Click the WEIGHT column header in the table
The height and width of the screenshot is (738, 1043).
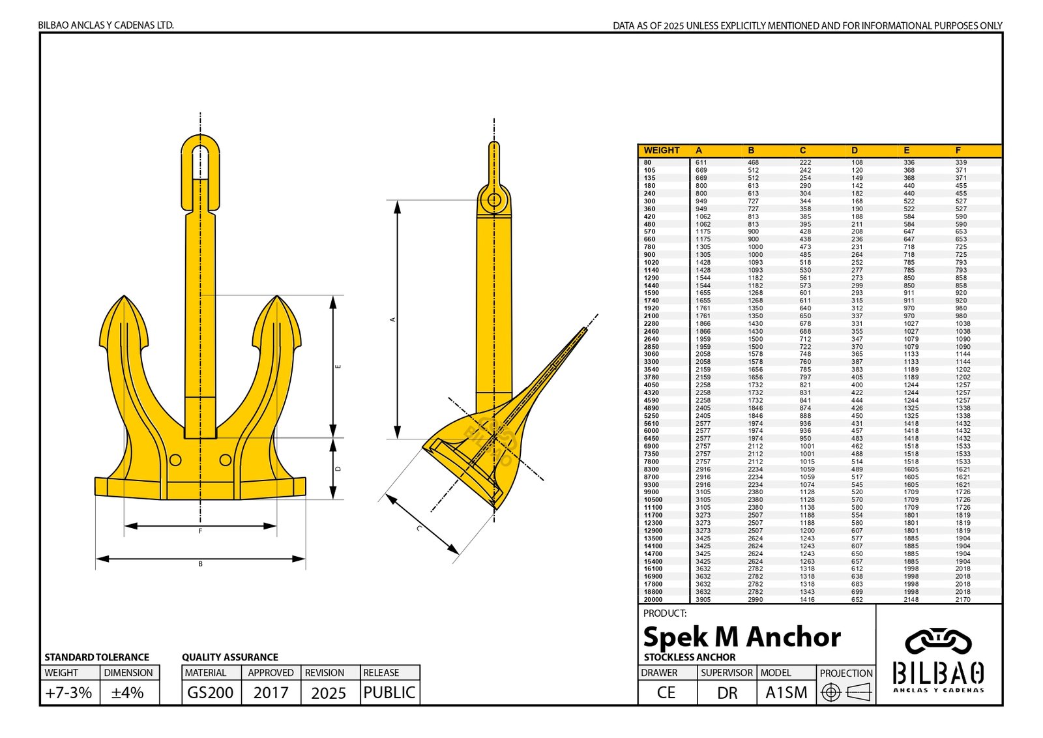661,151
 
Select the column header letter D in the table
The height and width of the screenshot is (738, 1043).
855,151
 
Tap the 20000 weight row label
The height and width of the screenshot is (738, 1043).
653,600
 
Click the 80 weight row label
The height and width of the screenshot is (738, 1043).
647,162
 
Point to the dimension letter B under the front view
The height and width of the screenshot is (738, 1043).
200,564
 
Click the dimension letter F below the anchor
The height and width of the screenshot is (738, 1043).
200,531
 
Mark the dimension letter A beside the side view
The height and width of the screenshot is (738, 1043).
392,319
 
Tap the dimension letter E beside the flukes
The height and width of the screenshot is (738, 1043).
338,367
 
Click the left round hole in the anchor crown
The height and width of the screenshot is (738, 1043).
175,460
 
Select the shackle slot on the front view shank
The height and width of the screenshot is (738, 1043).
200,162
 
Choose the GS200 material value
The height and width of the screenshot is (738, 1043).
210,692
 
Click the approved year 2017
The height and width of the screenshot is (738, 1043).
271,692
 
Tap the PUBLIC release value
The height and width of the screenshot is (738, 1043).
389,692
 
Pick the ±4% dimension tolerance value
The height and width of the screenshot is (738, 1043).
128,692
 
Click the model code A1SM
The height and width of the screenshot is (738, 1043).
786,692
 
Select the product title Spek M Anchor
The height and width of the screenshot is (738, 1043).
741,637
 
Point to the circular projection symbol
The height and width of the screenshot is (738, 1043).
830,692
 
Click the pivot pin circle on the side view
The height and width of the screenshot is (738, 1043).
494,199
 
